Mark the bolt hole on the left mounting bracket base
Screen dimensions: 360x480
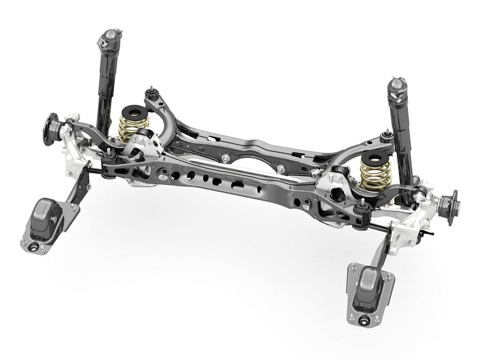point(34,245)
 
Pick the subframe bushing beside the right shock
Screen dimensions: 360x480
point(386,135)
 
